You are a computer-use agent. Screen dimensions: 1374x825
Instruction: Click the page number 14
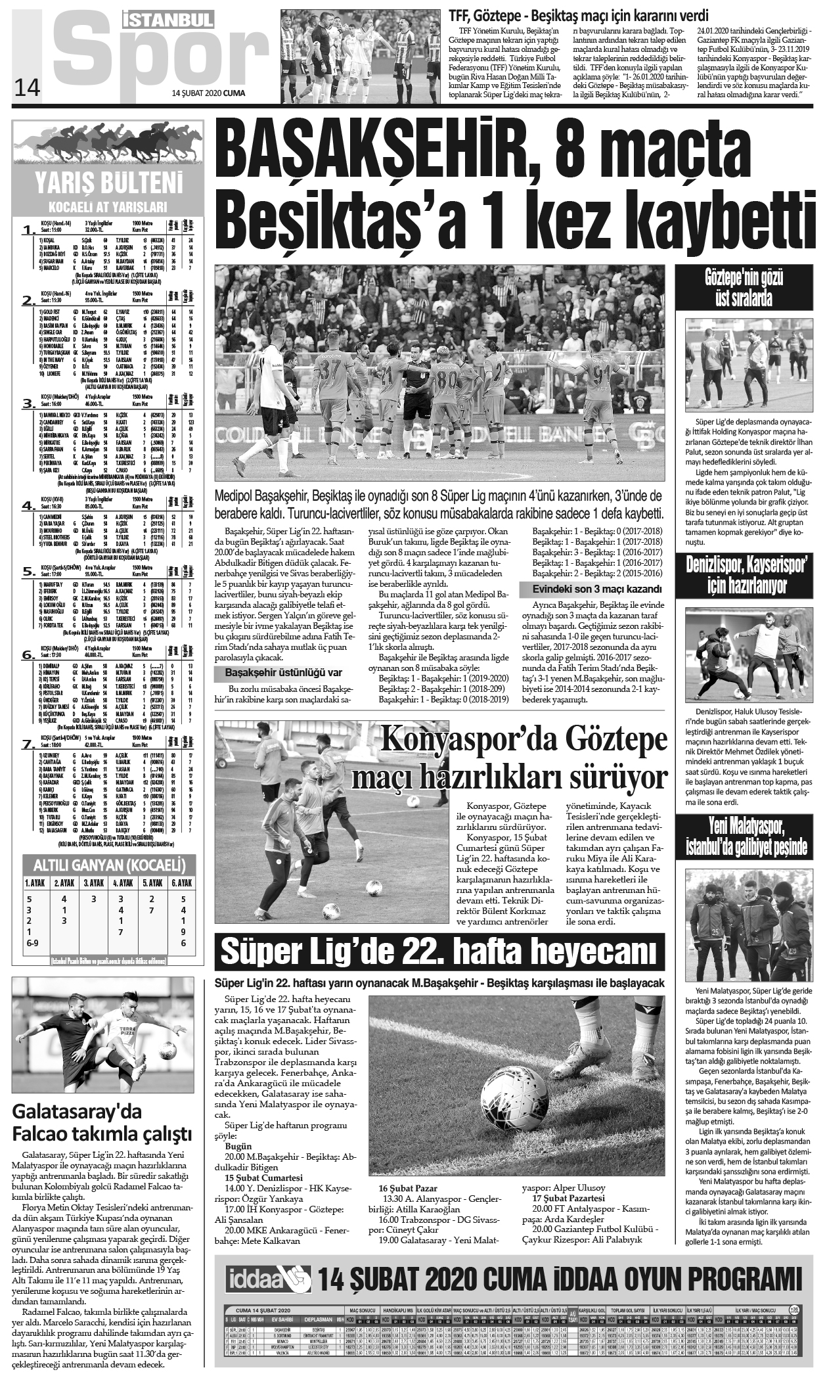click(27, 87)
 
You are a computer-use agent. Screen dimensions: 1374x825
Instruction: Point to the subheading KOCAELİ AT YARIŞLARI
click(110, 206)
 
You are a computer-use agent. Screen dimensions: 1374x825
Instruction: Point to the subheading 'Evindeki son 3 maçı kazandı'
click(590, 589)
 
